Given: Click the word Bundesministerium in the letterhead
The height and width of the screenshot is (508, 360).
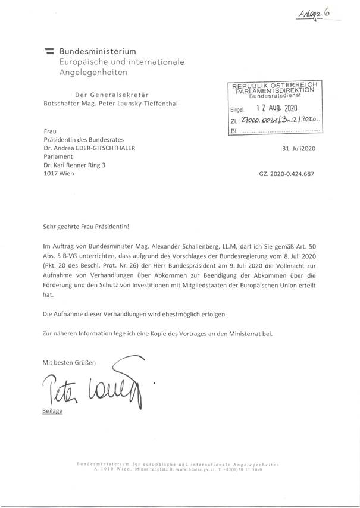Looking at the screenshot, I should click(93, 52).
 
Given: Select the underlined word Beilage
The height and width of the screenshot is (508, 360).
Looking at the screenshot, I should click(52, 410).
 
